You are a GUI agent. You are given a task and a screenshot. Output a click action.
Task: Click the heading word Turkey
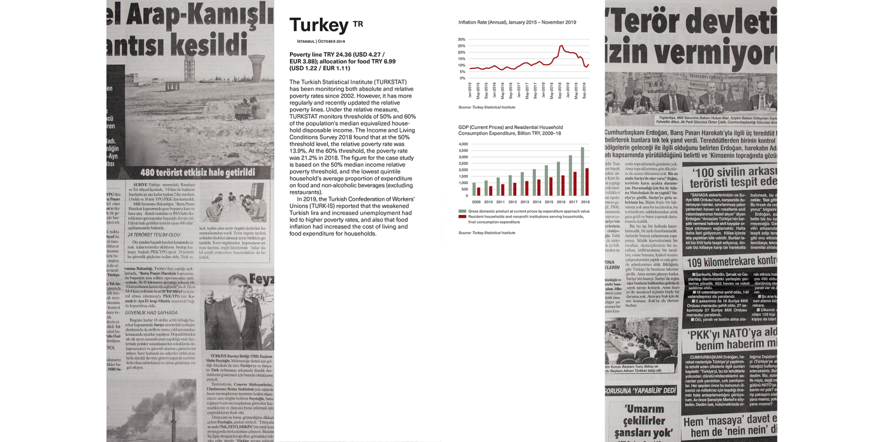click(x=318, y=25)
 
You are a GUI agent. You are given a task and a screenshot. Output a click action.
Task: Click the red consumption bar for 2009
click(x=479, y=192)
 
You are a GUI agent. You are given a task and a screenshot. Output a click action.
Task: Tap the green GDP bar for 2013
click(x=522, y=184)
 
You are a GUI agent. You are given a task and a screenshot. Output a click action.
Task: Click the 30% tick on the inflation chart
click(x=461, y=39)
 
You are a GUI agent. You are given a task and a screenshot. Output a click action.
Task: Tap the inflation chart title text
click(x=517, y=22)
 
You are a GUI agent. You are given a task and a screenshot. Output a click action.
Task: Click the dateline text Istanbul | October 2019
click(x=321, y=41)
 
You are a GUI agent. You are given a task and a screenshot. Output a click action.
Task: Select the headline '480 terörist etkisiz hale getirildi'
click(x=197, y=173)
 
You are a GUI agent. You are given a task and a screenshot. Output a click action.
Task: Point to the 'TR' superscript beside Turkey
click(x=358, y=24)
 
